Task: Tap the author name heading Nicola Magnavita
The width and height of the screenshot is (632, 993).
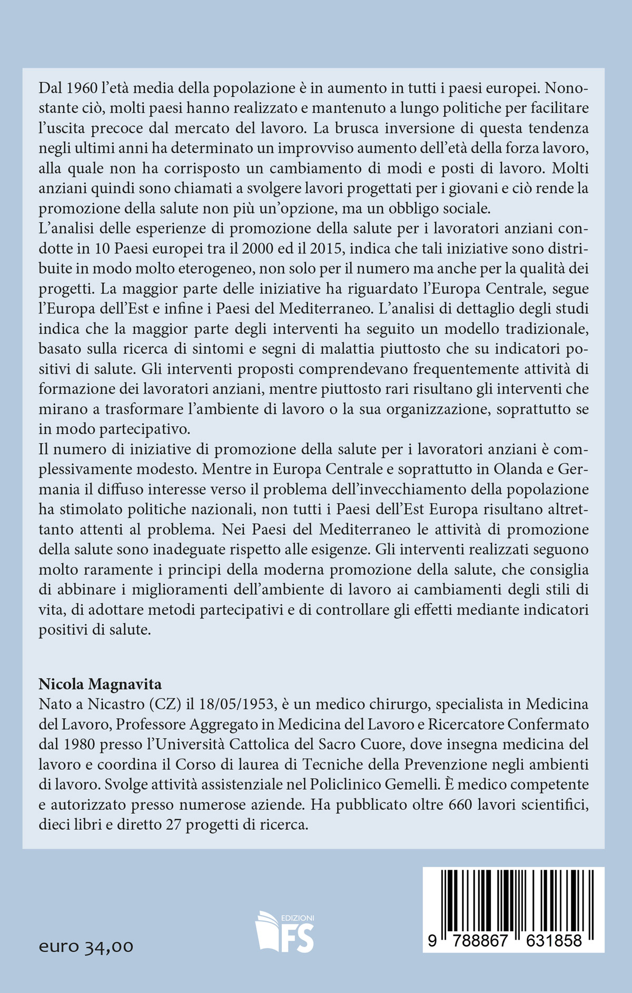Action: [x=100, y=684]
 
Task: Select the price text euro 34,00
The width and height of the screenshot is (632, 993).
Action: [x=86, y=947]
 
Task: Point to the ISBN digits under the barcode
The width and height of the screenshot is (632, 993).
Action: [x=513, y=941]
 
